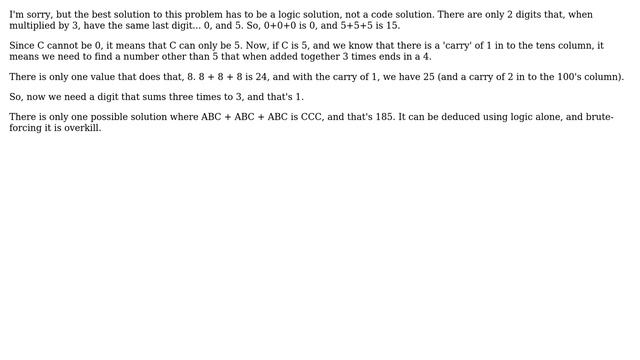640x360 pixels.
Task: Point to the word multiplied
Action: pos(35,26)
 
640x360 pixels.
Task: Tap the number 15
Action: pos(390,26)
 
